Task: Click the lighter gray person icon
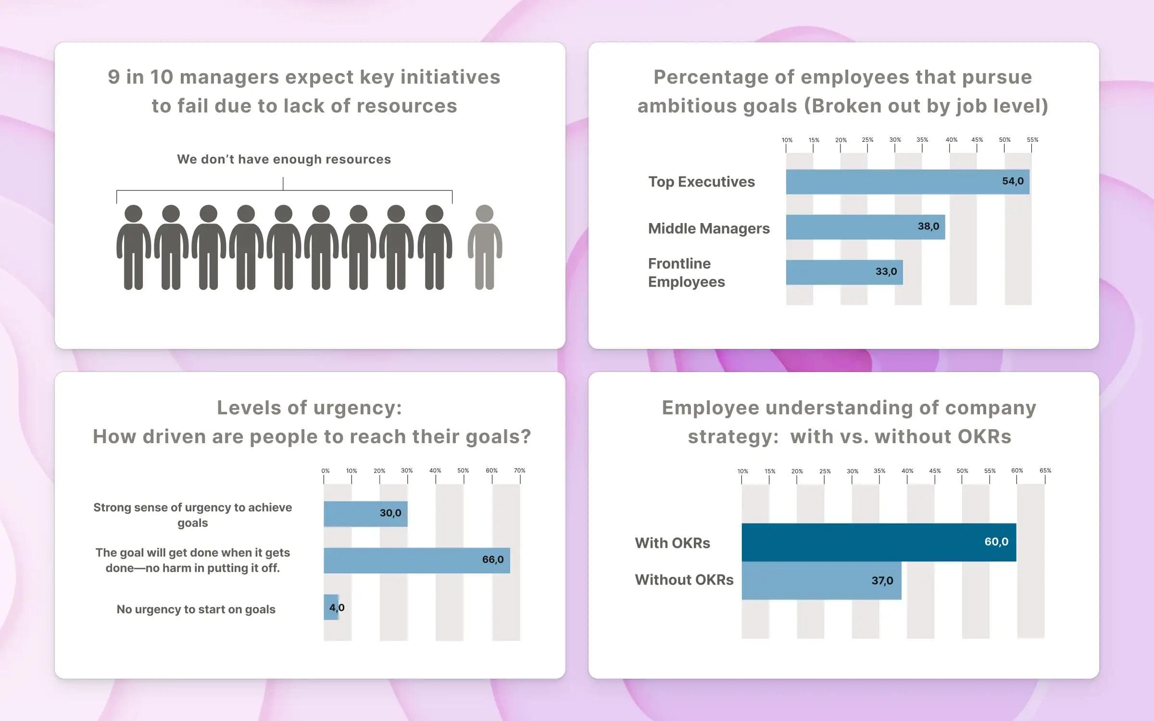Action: (x=485, y=247)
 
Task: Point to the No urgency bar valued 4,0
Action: (x=331, y=608)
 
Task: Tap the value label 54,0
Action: (x=1013, y=181)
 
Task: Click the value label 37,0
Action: (x=882, y=581)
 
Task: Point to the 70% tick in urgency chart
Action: (x=520, y=471)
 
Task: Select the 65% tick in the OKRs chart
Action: (x=1045, y=471)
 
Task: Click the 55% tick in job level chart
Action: (x=1032, y=140)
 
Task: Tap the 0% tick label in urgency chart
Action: (x=326, y=471)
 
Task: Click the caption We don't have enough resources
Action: (x=284, y=159)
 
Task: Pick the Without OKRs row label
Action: (x=684, y=580)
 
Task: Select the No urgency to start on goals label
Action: (x=196, y=609)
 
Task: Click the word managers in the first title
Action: (x=229, y=77)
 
